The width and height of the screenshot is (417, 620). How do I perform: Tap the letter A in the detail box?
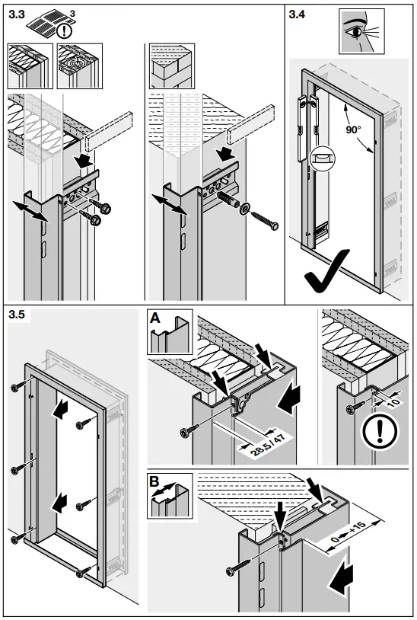point(154,320)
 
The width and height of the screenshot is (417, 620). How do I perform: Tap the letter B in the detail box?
point(154,482)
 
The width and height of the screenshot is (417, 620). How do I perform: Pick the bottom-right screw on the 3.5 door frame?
point(79,572)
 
